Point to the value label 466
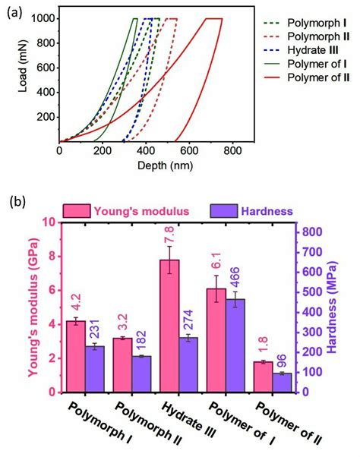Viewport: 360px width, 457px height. coord(236,277)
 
